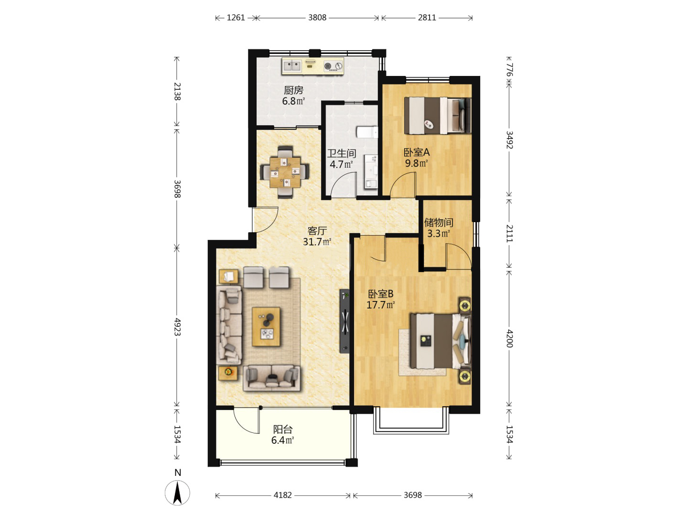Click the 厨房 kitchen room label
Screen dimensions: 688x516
click(293, 90)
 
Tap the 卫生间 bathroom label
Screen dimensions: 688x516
click(341, 153)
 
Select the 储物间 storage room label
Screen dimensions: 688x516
click(439, 223)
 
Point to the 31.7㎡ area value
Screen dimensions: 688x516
click(317, 242)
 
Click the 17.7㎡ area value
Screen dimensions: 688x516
click(380, 304)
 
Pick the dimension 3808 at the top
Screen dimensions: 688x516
click(317, 18)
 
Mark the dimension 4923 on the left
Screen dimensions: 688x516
click(177, 327)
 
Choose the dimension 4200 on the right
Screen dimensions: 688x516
click(509, 338)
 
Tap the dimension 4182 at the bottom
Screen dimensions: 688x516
click(282, 495)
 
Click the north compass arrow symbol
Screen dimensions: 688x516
click(177, 493)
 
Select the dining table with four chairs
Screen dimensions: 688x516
click(285, 172)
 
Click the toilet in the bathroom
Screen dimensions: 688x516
click(367, 132)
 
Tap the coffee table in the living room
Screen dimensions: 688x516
click(266, 326)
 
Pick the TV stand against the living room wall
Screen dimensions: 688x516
click(345, 321)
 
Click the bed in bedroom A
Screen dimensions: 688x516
click(438, 116)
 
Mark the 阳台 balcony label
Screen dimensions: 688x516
click(283, 429)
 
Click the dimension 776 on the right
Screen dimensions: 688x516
click(509, 70)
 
